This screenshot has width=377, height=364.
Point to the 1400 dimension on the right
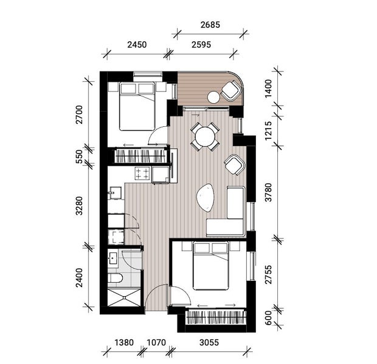268,93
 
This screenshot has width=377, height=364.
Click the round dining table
206,136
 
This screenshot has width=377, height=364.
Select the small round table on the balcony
213,97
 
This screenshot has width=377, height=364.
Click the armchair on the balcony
231,90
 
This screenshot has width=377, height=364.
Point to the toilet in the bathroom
115,278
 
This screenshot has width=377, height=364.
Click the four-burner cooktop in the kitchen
142,174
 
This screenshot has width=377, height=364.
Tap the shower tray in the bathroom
125,298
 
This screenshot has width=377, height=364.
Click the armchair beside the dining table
234,164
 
